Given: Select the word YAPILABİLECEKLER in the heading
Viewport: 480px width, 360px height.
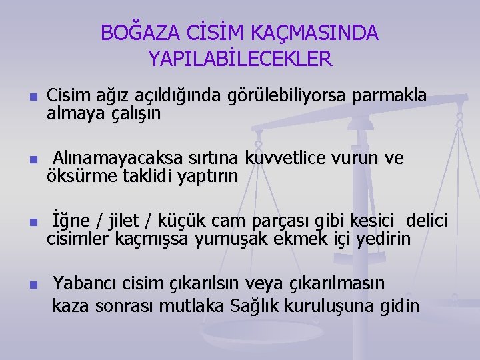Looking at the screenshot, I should [x=240, y=59].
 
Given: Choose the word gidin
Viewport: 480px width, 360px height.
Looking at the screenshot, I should [x=400, y=307].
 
